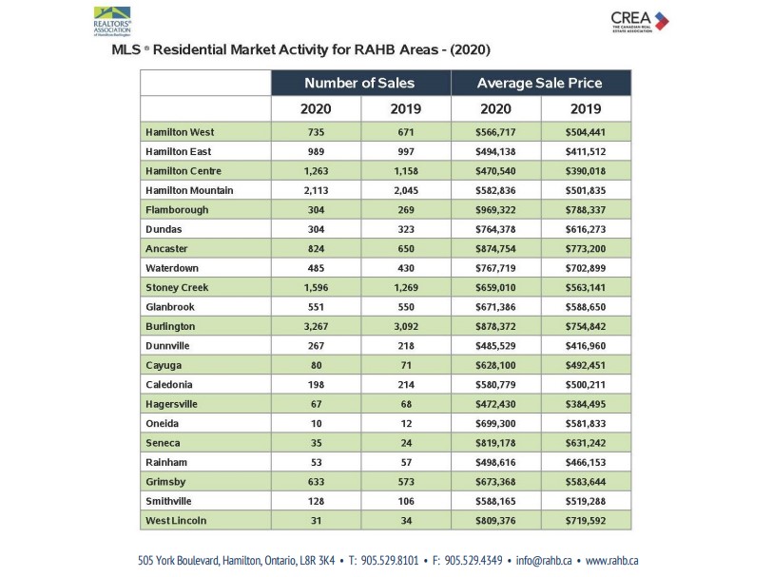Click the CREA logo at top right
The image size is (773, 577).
639,20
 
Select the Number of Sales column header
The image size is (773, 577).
359,83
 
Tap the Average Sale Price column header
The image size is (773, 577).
539,83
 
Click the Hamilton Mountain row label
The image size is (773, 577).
189,190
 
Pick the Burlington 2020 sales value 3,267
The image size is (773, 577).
317,326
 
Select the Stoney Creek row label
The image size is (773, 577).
176,287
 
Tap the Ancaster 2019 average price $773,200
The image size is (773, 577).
586,248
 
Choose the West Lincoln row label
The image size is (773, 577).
175,520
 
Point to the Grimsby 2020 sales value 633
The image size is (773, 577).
317,481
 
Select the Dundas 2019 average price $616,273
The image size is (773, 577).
586,229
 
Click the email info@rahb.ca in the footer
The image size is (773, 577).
544,560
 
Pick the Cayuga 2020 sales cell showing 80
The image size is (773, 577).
317,365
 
